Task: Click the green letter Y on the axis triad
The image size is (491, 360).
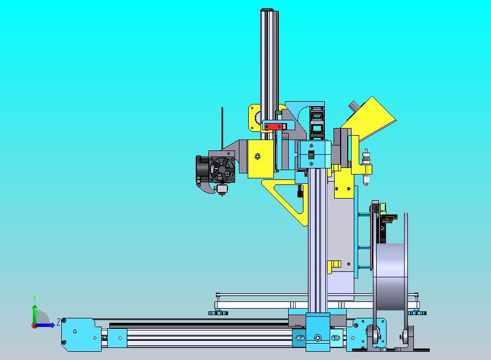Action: (x=34, y=298)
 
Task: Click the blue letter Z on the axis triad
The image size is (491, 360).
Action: (x=59, y=322)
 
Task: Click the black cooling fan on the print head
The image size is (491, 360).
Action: (x=221, y=170)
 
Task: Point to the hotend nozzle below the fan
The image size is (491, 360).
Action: (x=222, y=189)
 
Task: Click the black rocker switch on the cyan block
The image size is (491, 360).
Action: (x=311, y=155)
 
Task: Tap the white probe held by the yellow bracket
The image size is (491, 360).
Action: (x=366, y=167)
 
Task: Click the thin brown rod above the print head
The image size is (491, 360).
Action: (x=223, y=128)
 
